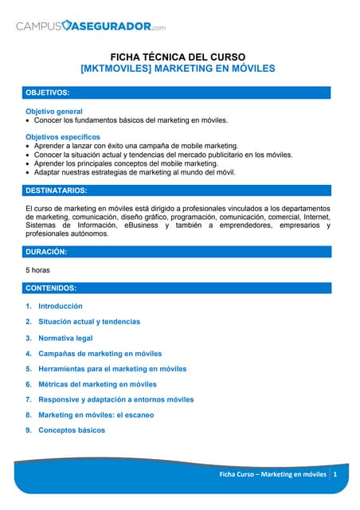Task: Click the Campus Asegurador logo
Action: (91, 27)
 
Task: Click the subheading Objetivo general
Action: (54, 111)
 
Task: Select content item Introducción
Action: (61, 306)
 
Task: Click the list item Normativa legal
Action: (65, 338)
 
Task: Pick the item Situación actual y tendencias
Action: (89, 322)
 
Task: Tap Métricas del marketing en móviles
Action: (98, 384)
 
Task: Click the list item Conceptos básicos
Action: (72, 430)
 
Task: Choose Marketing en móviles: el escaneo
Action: (96, 415)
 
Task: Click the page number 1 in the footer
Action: (335, 475)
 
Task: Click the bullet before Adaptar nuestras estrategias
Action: (29, 172)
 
